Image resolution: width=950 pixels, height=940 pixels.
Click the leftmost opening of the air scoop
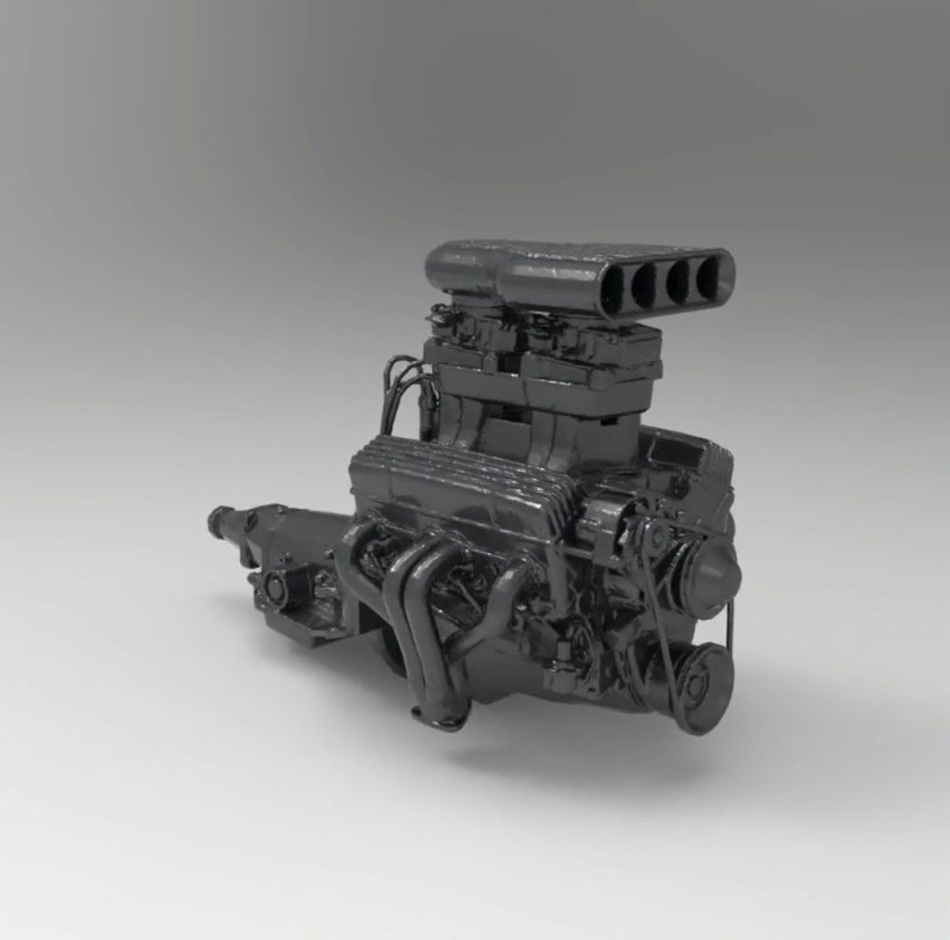click(614, 287)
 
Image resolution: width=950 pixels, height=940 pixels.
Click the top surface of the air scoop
click(563, 255)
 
